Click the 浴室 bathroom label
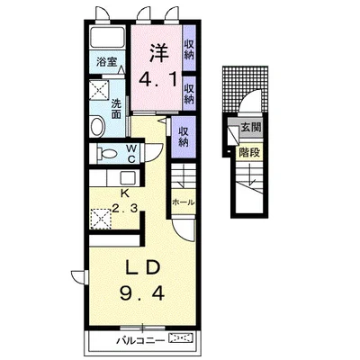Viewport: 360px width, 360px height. click(x=106, y=62)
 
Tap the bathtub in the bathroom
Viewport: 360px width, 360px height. click(x=107, y=37)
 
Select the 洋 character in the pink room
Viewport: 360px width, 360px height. click(x=157, y=52)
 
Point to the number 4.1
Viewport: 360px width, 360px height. click(x=157, y=80)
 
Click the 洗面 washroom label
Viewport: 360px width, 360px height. click(x=116, y=109)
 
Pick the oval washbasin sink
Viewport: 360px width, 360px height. click(x=97, y=127)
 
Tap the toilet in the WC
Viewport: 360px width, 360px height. click(x=106, y=154)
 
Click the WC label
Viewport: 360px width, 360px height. click(x=131, y=153)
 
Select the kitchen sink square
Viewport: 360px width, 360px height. click(x=127, y=178)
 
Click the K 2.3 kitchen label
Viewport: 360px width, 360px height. click(x=125, y=201)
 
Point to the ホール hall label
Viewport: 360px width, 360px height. click(x=183, y=202)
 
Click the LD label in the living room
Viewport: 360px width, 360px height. click(x=142, y=268)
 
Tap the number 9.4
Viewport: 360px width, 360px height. click(x=142, y=293)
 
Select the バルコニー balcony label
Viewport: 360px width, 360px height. click(x=140, y=340)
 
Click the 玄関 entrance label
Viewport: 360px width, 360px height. click(x=251, y=127)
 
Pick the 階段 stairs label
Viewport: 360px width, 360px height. click(x=249, y=152)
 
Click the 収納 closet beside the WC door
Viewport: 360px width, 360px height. click(x=184, y=137)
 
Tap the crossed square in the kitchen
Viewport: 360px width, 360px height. click(x=101, y=219)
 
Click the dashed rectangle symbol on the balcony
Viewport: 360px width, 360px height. click(x=182, y=338)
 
